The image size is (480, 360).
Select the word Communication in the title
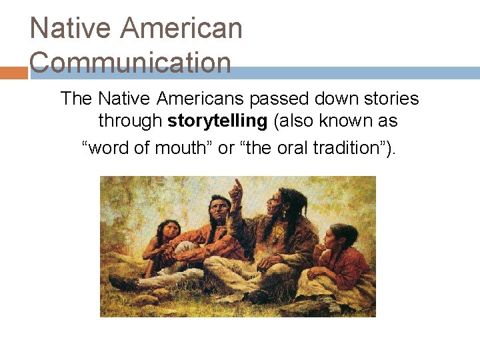(131, 63)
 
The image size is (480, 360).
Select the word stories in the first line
(393, 99)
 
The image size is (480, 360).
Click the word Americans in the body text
(201, 99)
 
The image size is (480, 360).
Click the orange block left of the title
(13, 72)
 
